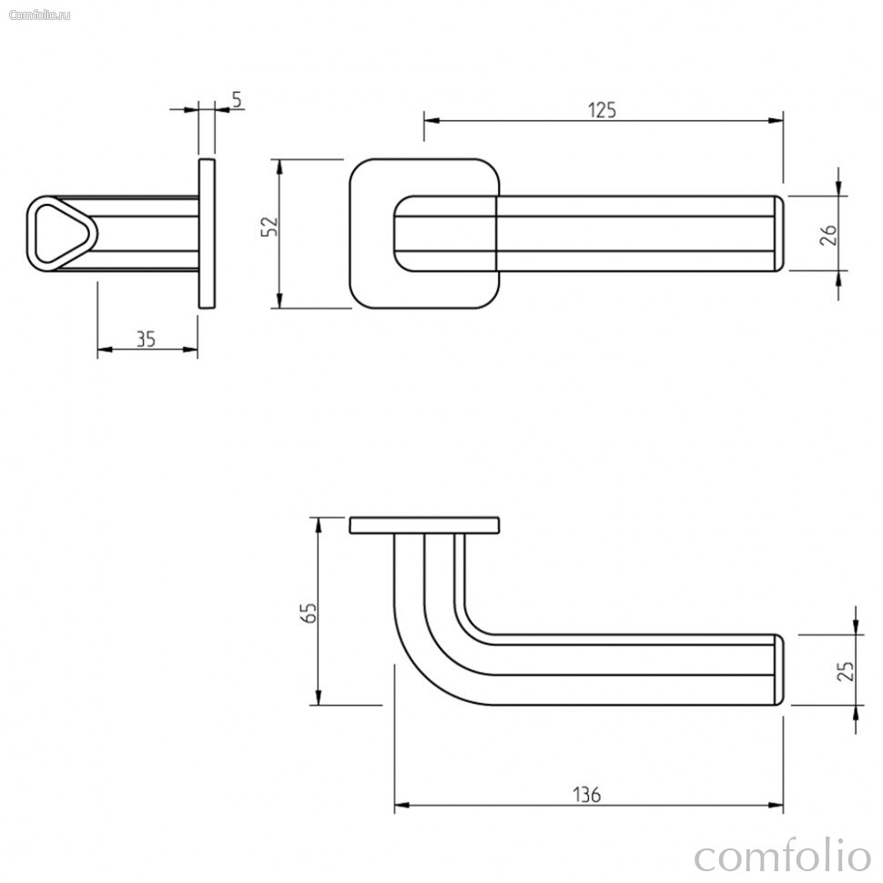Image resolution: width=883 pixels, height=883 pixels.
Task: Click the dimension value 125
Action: click(602, 110)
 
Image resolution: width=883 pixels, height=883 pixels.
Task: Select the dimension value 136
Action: click(587, 795)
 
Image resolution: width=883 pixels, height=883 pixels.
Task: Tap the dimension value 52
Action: click(270, 227)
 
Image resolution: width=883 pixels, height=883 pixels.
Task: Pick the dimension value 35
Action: click(146, 339)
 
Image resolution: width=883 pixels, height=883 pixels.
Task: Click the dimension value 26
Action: click(828, 234)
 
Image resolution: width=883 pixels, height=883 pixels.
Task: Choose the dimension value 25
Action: click(846, 671)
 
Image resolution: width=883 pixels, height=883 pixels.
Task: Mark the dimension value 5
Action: click(237, 99)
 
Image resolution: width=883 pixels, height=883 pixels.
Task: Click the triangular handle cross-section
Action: click(62, 234)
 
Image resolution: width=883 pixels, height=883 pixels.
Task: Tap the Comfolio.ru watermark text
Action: click(39, 15)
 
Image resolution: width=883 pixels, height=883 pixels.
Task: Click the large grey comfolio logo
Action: click(783, 857)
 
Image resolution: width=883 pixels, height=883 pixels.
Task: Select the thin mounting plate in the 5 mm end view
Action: click(207, 234)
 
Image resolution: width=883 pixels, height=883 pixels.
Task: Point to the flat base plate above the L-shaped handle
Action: click(424, 525)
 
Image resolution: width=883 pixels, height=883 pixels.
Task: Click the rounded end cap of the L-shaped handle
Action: click(779, 670)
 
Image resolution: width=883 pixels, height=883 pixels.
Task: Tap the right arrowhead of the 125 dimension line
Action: click(776, 120)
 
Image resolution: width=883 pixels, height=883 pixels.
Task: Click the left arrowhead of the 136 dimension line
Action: click(401, 806)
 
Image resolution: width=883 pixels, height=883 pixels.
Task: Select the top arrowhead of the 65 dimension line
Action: click(319, 525)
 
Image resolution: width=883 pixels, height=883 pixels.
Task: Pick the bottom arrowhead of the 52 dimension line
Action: click(279, 300)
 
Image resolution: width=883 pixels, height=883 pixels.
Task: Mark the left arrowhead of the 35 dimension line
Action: click(105, 350)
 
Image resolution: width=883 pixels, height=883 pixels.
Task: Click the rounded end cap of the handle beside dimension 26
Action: click(779, 234)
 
